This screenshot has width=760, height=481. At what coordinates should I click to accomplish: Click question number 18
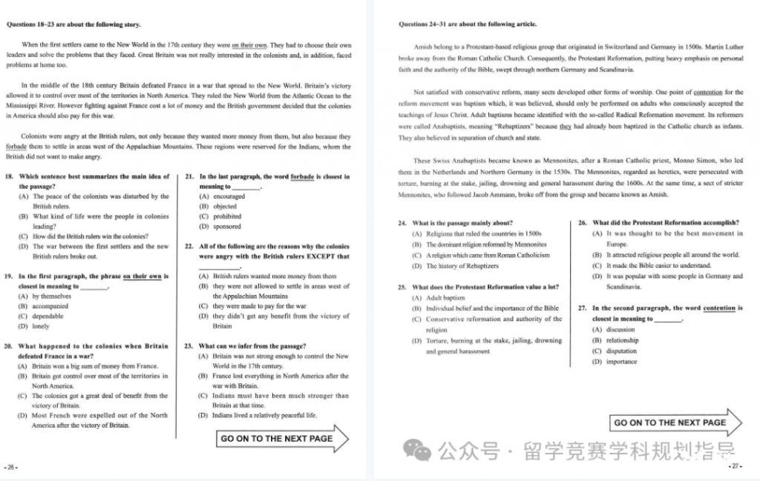click(10, 176)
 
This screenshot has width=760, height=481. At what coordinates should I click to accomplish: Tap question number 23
click(189, 346)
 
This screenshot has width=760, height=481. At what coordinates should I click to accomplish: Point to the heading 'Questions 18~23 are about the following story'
click(73, 24)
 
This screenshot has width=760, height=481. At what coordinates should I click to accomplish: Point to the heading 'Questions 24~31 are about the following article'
click(468, 24)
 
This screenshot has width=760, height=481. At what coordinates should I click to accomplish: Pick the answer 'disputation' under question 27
click(621, 351)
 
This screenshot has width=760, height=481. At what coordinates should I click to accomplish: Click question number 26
click(582, 222)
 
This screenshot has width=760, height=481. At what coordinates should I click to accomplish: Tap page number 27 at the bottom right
click(736, 466)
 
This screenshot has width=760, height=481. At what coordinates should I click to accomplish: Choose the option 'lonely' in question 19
click(40, 326)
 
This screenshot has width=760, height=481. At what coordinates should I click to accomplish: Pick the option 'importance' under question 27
click(621, 362)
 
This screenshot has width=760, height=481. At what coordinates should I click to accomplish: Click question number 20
click(10, 346)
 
